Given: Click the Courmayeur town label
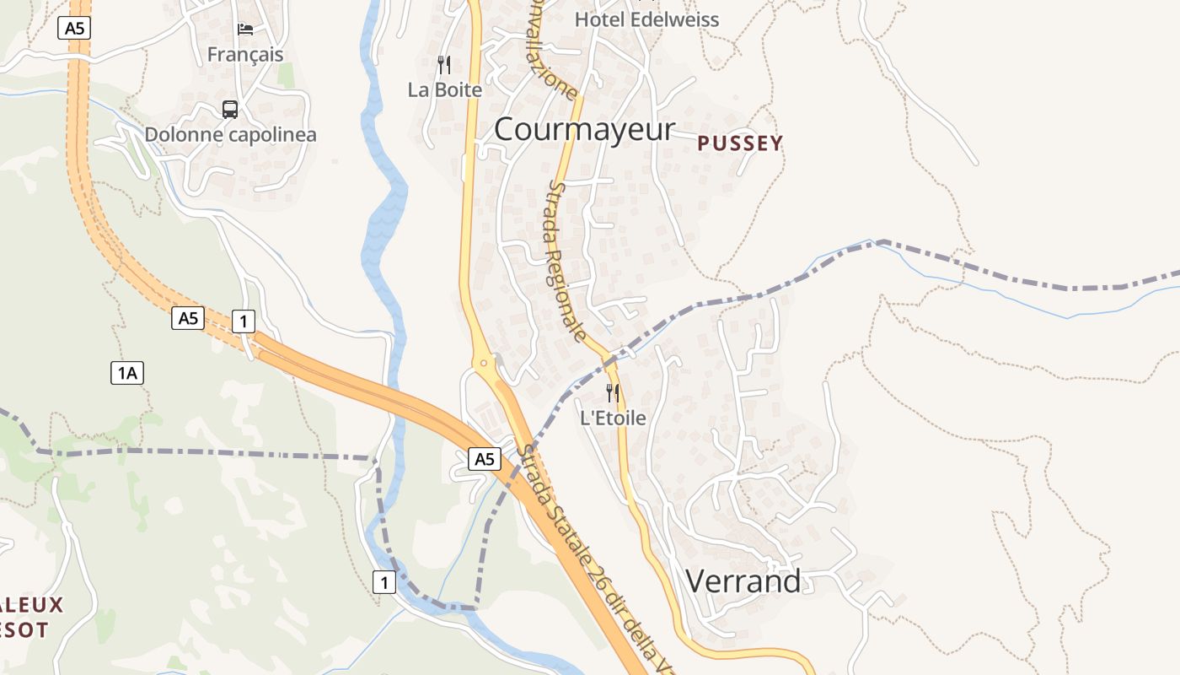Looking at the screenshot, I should pyautogui.click(x=584, y=129).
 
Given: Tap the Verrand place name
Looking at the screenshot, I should pyautogui.click(x=743, y=581).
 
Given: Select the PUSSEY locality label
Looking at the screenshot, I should pyautogui.click(x=741, y=143).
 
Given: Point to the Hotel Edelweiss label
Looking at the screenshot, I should pyautogui.click(x=646, y=19).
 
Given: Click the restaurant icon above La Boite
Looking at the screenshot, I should pyautogui.click(x=444, y=65).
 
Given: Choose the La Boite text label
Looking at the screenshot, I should pyautogui.click(x=445, y=89).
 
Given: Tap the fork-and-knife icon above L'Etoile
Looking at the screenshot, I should pyautogui.click(x=613, y=393).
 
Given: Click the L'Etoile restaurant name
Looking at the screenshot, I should pyautogui.click(x=613, y=418).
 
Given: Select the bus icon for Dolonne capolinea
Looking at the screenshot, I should pyautogui.click(x=230, y=110).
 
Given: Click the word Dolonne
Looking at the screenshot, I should pyautogui.click(x=182, y=134).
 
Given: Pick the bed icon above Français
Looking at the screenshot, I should pyautogui.click(x=245, y=30).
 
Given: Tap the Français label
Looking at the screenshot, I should pyautogui.click(x=245, y=55).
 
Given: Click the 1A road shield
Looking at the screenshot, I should pyautogui.click(x=127, y=372).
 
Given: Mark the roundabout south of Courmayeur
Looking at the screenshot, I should pyautogui.click(x=485, y=364).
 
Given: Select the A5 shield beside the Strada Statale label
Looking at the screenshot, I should pyautogui.click(x=484, y=459).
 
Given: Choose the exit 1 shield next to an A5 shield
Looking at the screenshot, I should pyautogui.click(x=243, y=321).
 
